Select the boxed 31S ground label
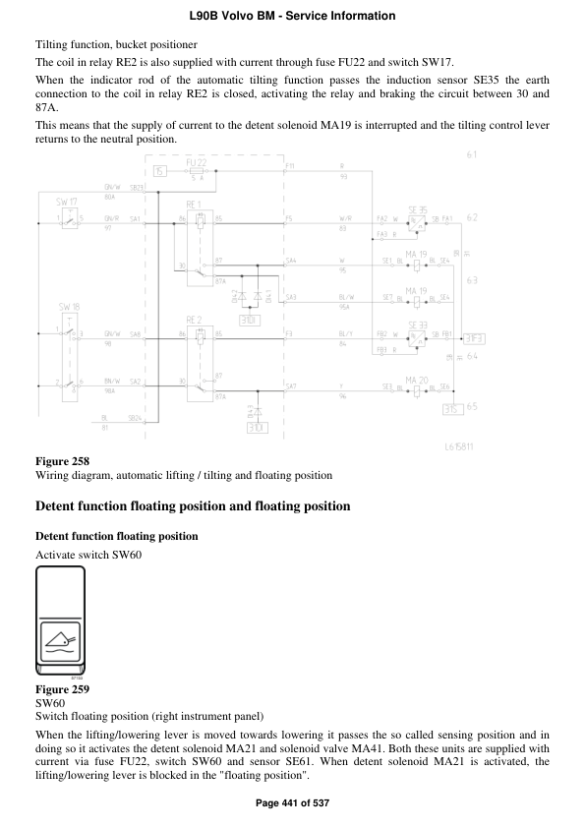coord(452,409)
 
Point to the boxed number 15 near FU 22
coord(159,172)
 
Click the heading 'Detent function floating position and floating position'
coord(192,507)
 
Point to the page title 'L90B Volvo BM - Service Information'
coord(292,16)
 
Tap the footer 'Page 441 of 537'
coord(292,803)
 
